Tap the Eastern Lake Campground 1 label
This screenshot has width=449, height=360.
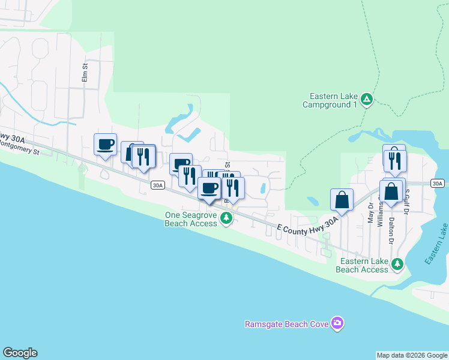(x=334, y=100)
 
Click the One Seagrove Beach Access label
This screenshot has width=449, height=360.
(x=191, y=219)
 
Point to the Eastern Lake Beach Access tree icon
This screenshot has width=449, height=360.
(x=397, y=264)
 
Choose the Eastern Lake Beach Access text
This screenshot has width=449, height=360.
(x=362, y=265)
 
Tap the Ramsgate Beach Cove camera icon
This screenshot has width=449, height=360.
(x=337, y=324)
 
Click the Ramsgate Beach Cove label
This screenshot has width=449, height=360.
(x=287, y=325)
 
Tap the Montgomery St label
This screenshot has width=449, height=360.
(x=18, y=148)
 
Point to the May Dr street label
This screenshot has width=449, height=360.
(x=370, y=213)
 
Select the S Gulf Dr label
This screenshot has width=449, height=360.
(x=406, y=204)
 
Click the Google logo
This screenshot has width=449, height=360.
(x=20, y=353)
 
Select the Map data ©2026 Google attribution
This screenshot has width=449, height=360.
(x=412, y=355)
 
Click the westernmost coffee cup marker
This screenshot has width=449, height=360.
(x=106, y=144)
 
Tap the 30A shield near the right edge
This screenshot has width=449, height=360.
(x=438, y=183)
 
